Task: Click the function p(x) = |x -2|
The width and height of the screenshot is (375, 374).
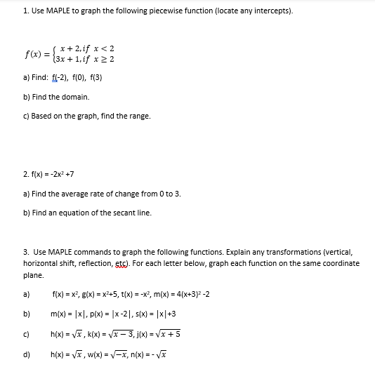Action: click(110, 314)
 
